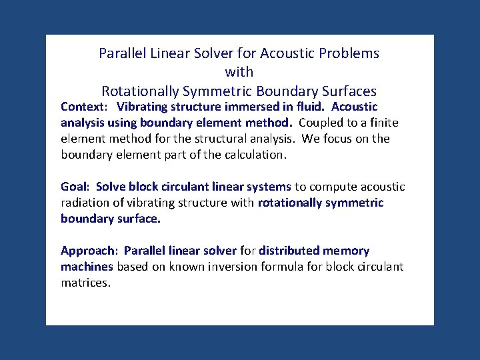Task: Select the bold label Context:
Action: (84, 107)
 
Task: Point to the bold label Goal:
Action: (76, 187)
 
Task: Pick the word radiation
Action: (85, 203)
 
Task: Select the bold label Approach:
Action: (89, 251)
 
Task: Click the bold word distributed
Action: (291, 251)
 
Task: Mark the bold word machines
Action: (87, 267)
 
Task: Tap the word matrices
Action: (85, 283)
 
